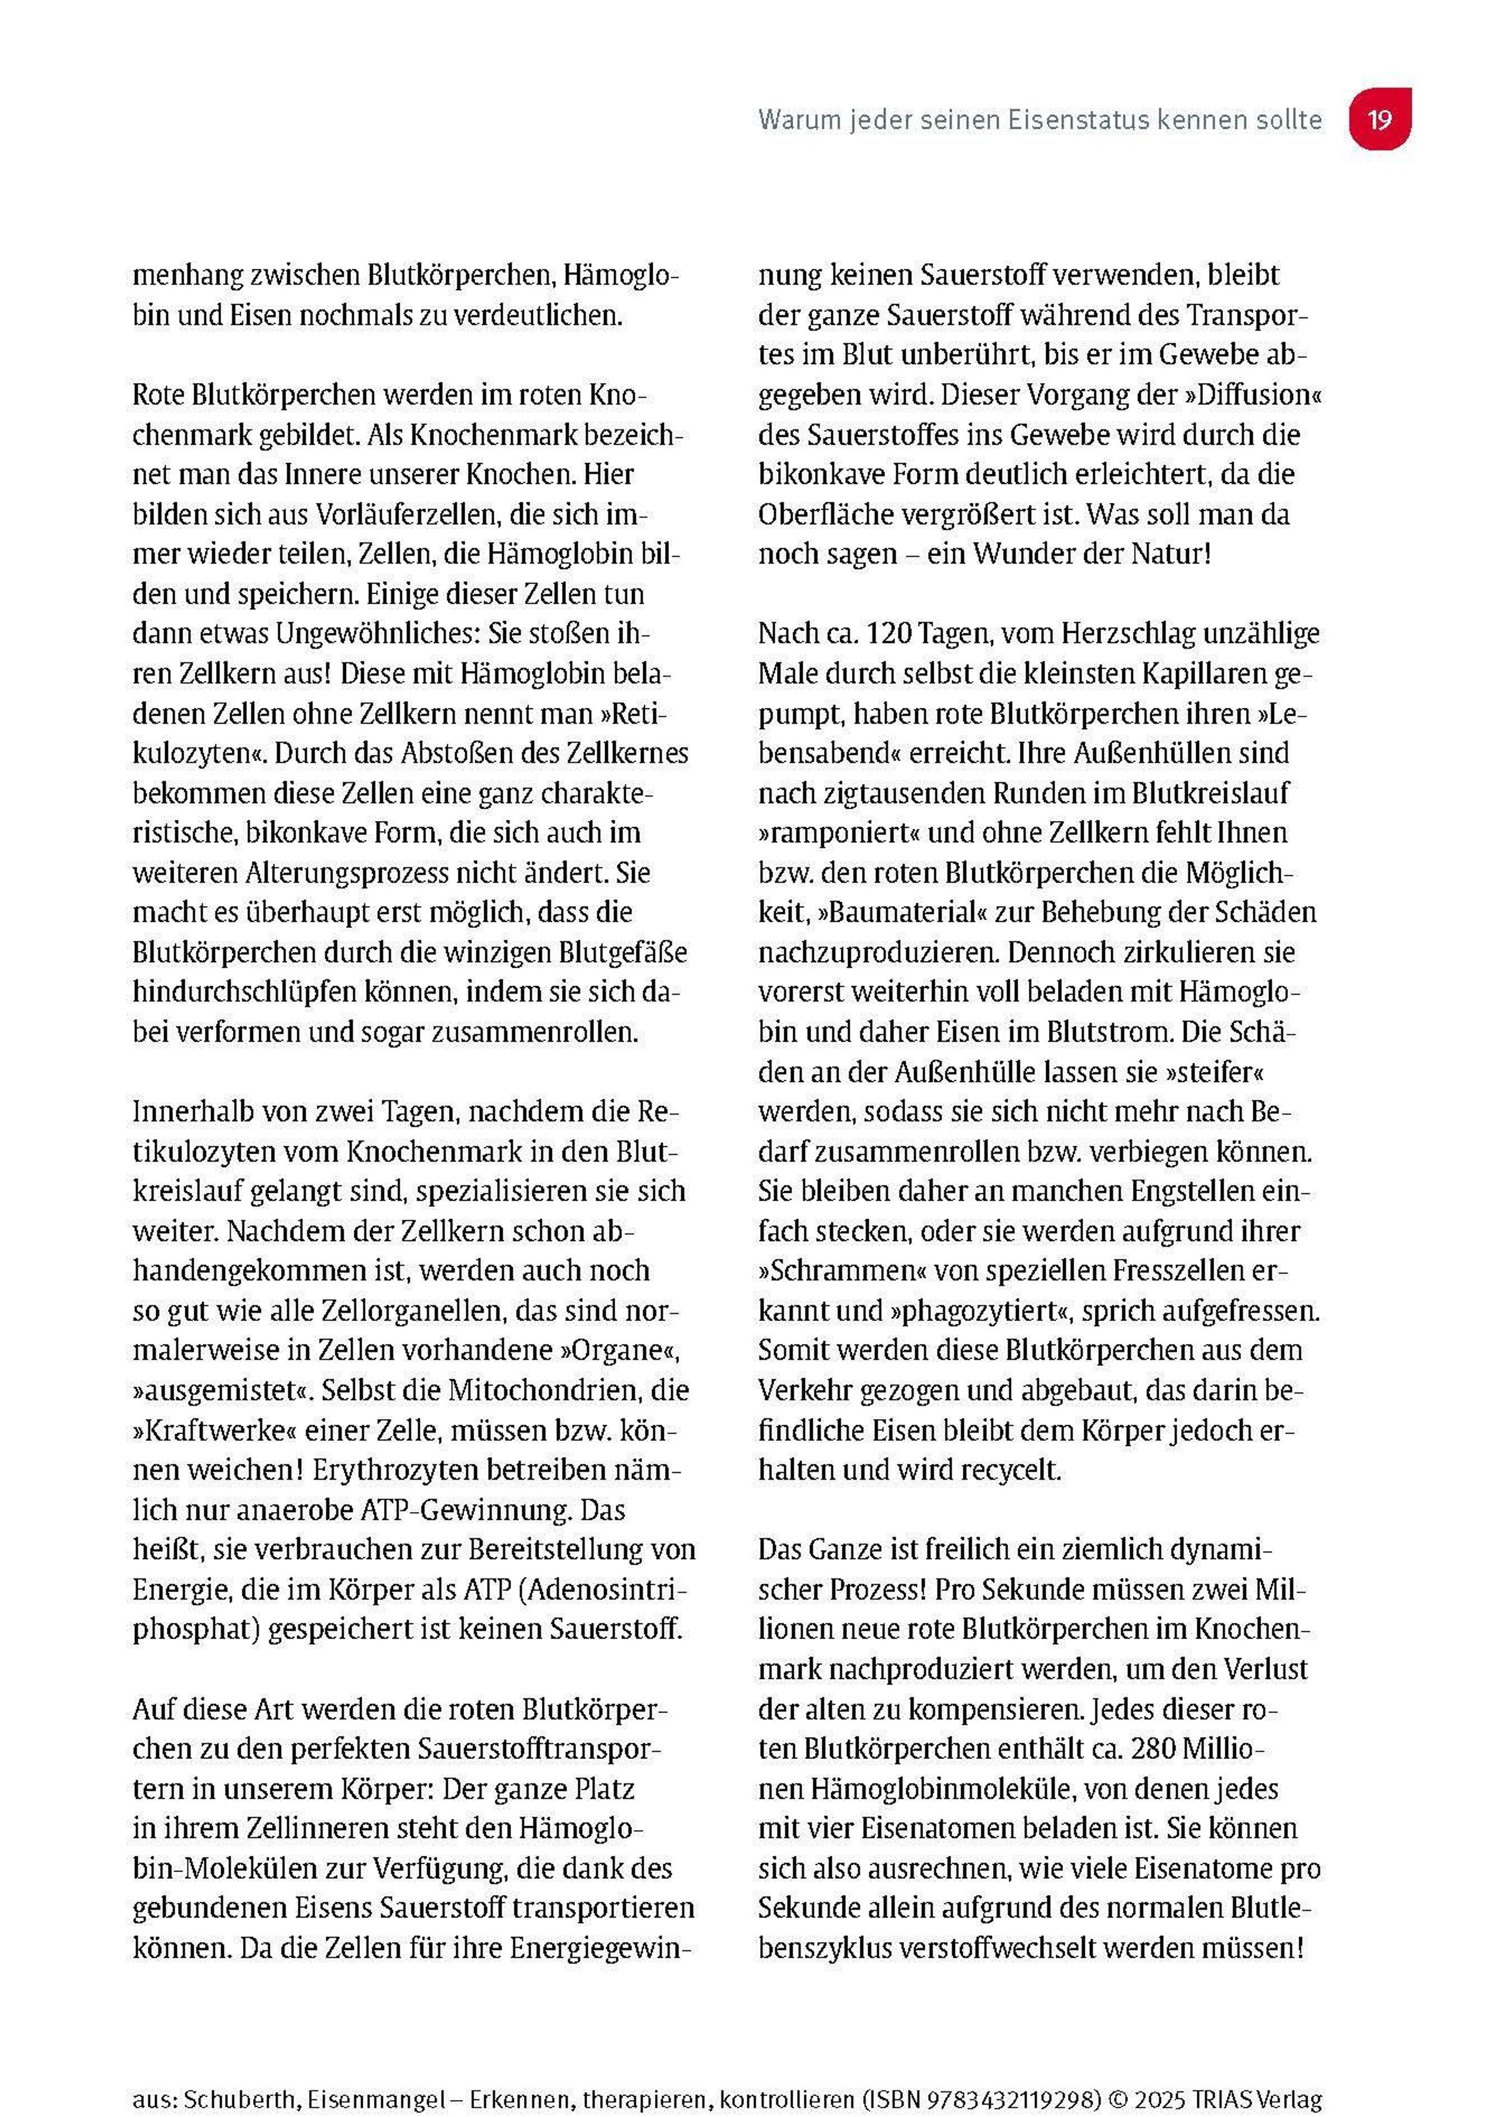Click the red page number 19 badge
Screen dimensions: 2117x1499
click(1379, 119)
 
